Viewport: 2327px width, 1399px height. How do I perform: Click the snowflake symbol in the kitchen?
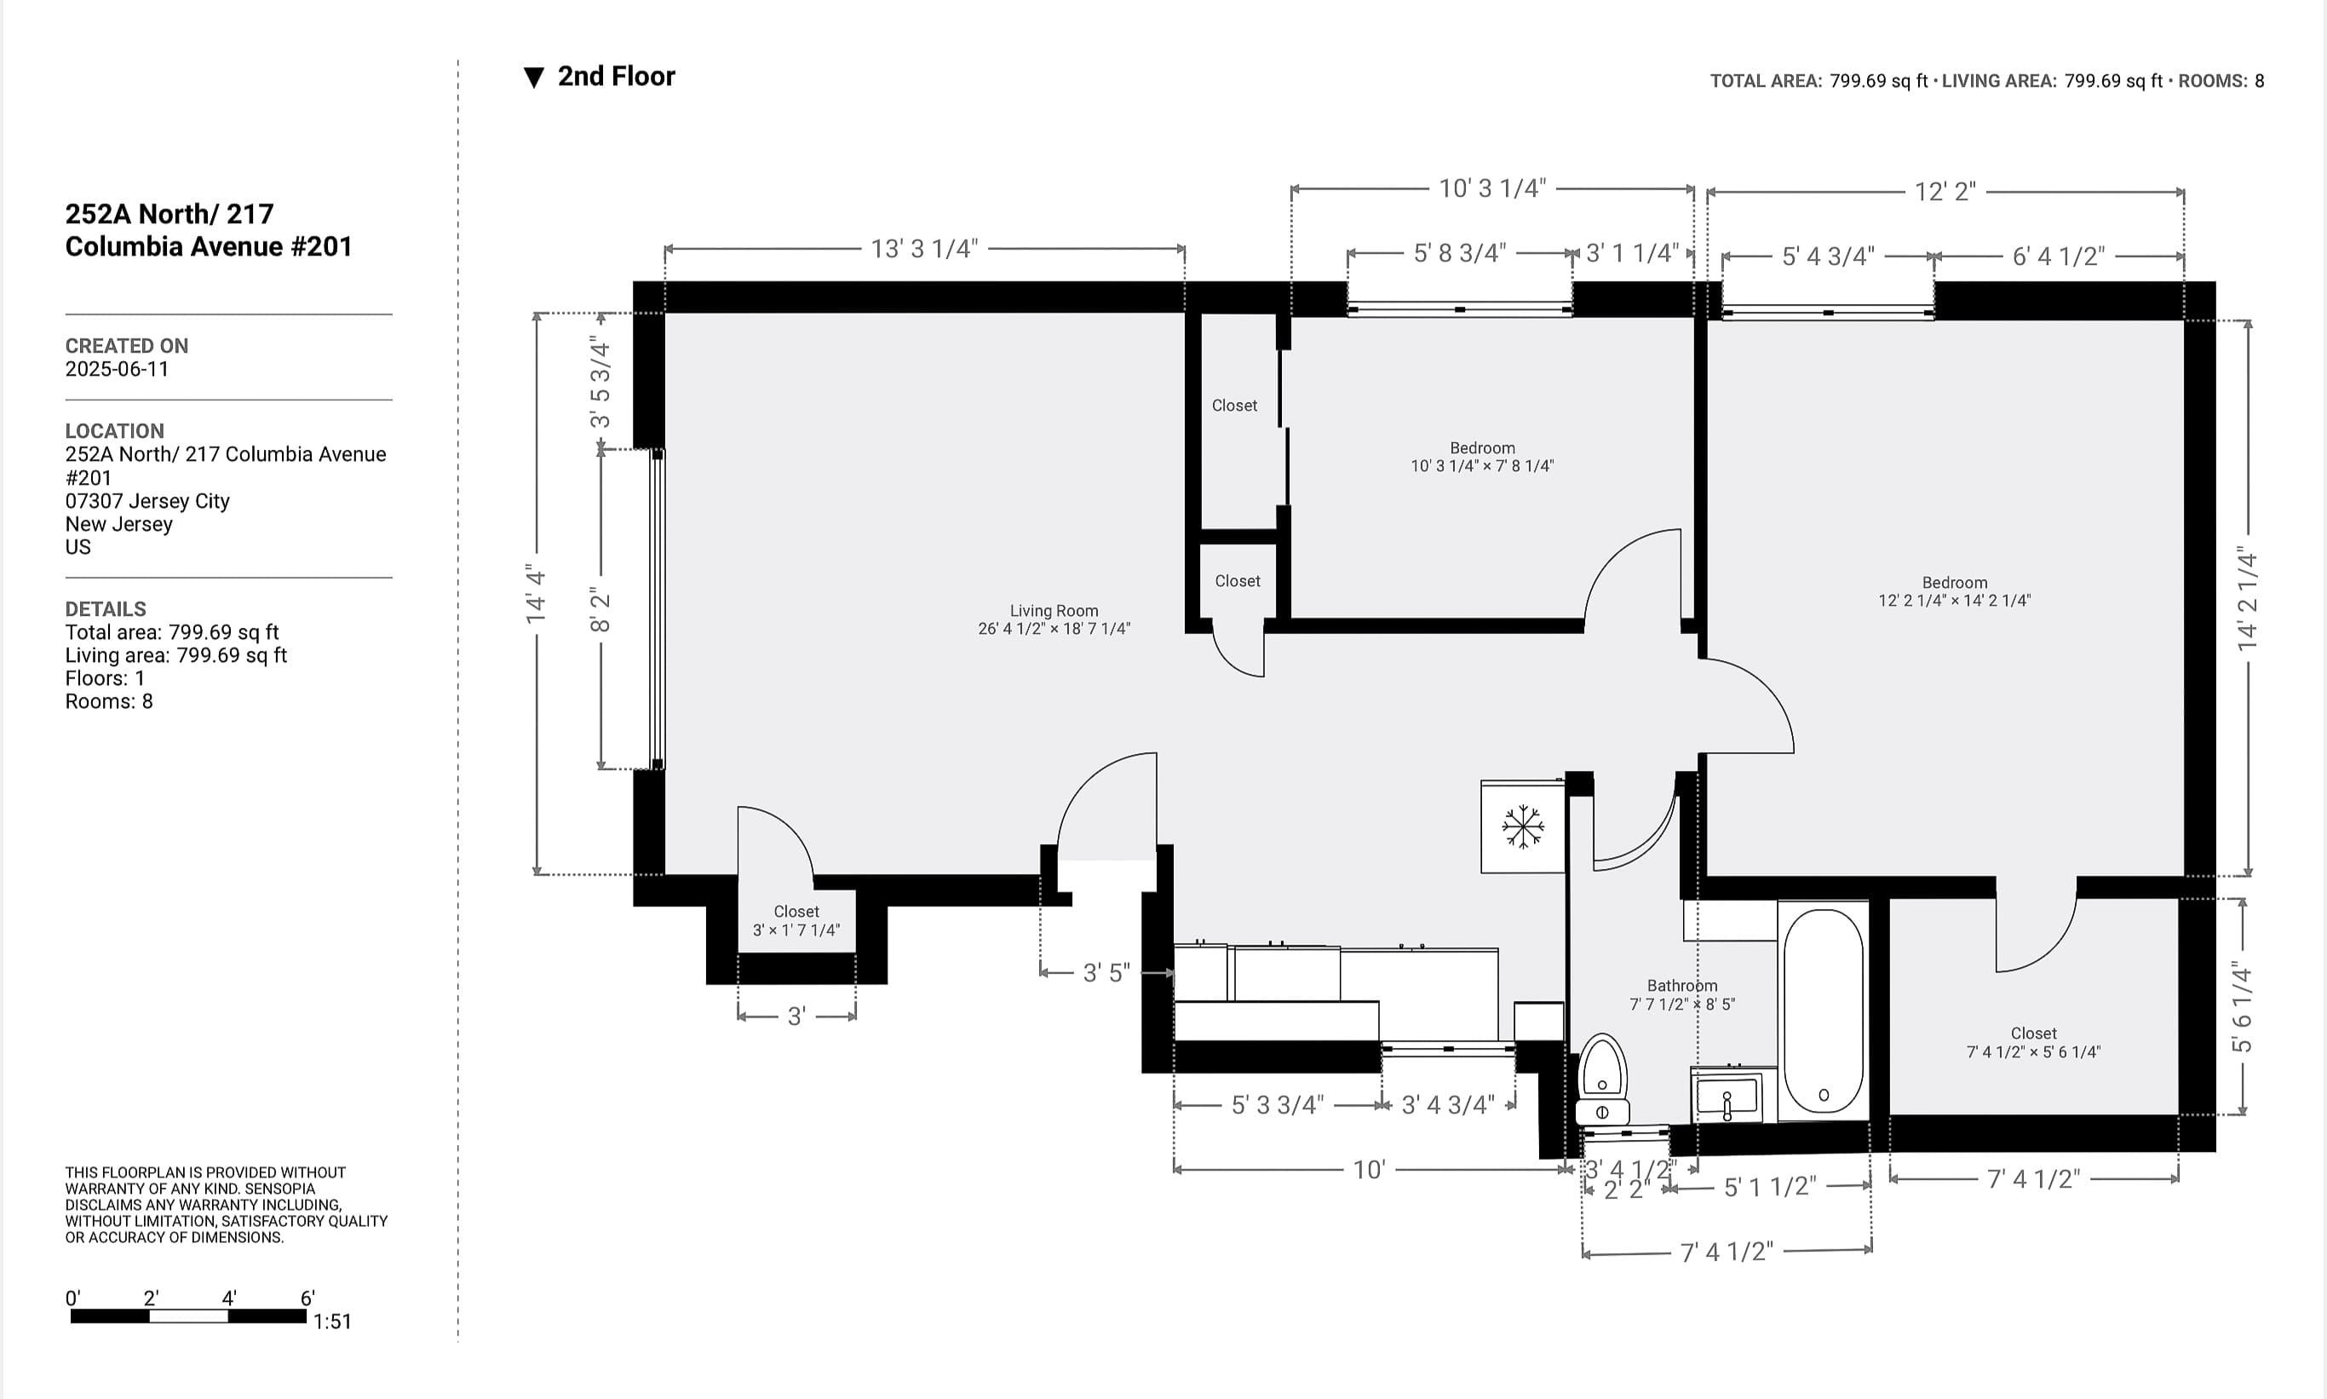1522,826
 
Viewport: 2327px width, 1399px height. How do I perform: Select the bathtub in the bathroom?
1823,1010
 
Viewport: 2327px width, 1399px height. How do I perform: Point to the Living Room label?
1054,619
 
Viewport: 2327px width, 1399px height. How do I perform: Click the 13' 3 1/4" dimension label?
923,249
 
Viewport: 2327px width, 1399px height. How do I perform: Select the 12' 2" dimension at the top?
1945,193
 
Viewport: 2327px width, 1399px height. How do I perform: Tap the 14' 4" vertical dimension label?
537,594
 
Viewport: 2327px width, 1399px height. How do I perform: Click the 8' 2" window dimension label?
600,610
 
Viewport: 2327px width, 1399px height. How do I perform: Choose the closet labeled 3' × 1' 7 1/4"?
796,921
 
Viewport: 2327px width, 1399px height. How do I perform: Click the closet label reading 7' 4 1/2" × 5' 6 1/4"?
2033,1043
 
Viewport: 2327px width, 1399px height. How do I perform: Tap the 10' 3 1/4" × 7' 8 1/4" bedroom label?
1481,458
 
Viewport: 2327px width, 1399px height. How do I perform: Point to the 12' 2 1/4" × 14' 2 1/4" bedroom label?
1954,592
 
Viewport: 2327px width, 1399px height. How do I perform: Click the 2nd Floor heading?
616,77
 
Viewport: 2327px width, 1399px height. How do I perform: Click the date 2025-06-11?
117,369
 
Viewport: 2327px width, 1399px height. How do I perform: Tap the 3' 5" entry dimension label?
1106,973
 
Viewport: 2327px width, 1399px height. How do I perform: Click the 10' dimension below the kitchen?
1369,1170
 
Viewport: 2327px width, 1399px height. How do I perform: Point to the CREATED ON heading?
126,346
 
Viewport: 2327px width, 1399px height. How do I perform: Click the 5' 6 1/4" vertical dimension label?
2241,1007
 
